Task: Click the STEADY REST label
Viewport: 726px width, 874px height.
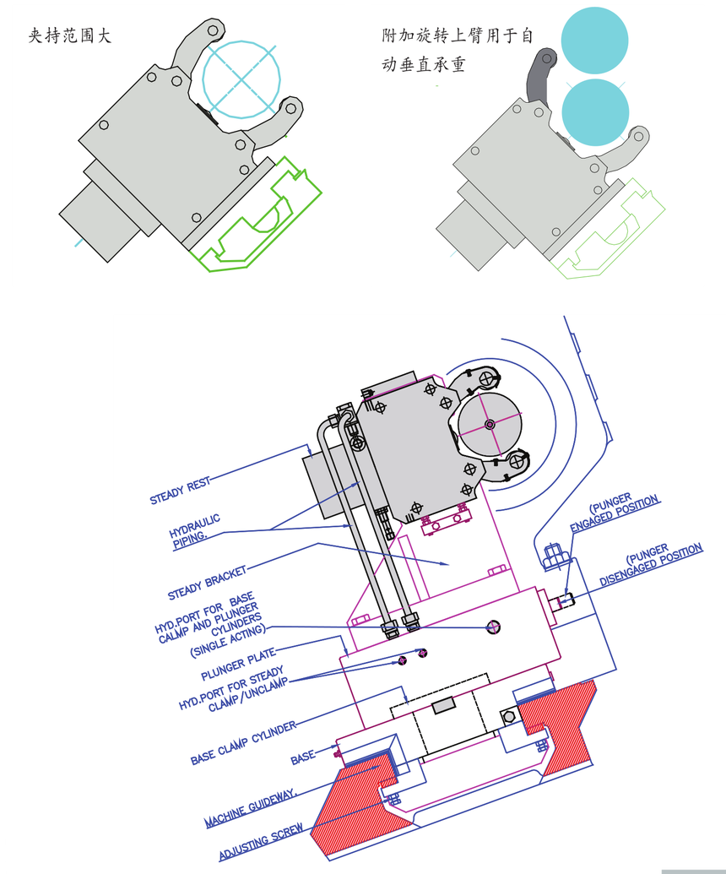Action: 180,491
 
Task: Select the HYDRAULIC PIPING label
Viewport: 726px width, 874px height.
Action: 195,531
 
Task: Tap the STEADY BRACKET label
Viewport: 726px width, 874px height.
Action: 208,583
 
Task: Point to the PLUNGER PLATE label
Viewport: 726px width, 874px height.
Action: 238,664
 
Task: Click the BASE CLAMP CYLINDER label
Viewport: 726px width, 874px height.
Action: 243,743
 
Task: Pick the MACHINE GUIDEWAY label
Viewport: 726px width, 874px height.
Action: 251,807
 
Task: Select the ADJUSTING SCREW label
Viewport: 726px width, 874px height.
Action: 262,842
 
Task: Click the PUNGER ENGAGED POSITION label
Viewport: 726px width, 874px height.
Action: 614,513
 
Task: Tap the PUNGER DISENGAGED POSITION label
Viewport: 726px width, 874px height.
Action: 651,564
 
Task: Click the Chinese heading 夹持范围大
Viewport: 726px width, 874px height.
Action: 70,36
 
